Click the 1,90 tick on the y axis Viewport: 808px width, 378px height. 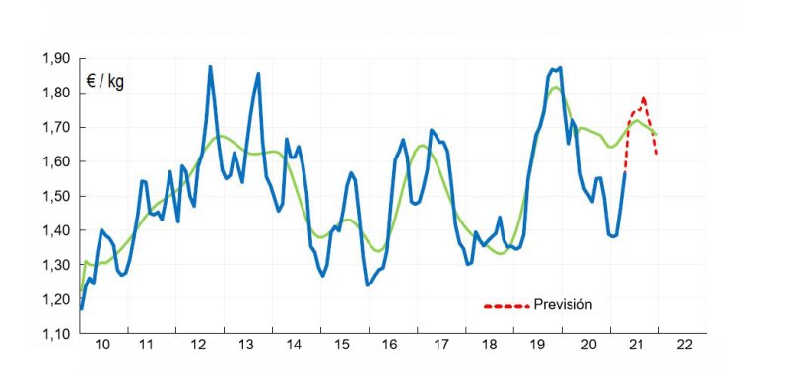56,59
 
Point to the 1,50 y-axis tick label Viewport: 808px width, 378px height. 56,196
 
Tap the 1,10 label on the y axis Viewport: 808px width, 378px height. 56,334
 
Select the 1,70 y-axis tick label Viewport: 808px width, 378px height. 56,128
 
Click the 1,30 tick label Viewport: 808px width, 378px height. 56,265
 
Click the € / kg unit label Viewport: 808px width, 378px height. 104,81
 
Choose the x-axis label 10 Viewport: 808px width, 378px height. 102,346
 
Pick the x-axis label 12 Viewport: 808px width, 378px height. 198,346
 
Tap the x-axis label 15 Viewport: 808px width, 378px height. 342,346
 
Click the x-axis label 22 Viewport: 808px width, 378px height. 684,346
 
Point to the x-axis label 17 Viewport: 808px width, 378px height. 442,346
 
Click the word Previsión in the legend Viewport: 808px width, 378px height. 563,304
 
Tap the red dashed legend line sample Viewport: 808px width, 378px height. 505,305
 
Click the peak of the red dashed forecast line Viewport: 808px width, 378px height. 643,98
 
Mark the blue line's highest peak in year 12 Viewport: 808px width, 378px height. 210,67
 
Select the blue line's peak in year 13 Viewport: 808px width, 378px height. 258,73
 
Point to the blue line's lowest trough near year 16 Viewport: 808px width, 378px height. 367,284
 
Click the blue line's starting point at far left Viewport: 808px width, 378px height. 81,308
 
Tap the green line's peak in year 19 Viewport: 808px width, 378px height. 555,88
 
